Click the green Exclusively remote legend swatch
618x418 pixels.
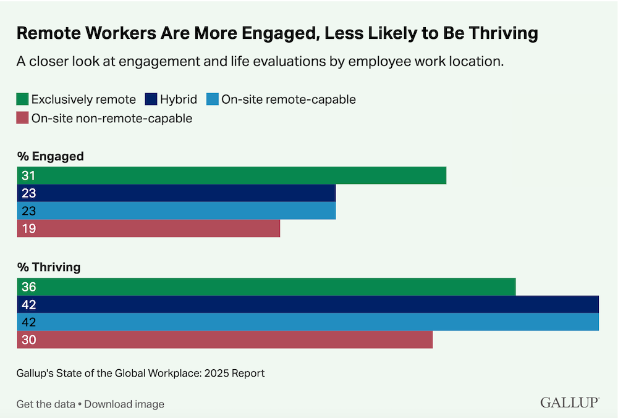[x=23, y=99]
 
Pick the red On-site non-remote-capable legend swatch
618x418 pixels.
[x=23, y=119]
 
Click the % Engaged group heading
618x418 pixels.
[x=50, y=156]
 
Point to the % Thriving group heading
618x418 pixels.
[x=49, y=267]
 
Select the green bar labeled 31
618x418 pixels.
[x=232, y=175]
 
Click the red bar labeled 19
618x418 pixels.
[x=148, y=228]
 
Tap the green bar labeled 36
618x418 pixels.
[x=266, y=287]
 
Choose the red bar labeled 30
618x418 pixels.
[x=225, y=340]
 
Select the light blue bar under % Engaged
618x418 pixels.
[x=176, y=211]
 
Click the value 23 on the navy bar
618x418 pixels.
[x=28, y=193]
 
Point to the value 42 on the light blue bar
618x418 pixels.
[x=28, y=322]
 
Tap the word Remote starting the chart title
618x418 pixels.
[x=46, y=34]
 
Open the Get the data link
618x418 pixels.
[x=45, y=404]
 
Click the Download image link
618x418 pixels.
[x=124, y=404]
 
